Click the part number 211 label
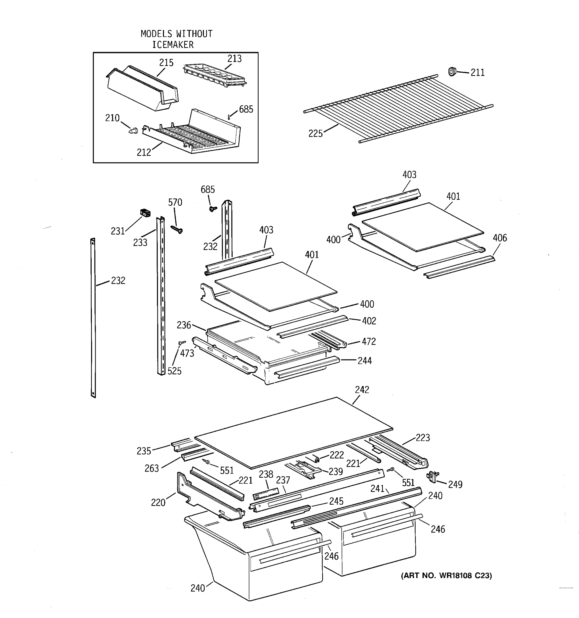pyautogui.click(x=477, y=73)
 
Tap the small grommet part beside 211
pyautogui.click(x=452, y=72)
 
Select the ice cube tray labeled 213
pyautogui.click(x=214, y=75)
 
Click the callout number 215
pyautogui.click(x=166, y=63)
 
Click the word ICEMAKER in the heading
pyautogui.click(x=173, y=45)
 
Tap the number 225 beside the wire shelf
pyautogui.click(x=315, y=133)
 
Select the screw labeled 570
pyautogui.click(x=177, y=230)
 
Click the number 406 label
pyautogui.click(x=499, y=238)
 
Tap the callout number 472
pyautogui.click(x=369, y=342)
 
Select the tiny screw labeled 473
pyautogui.click(x=181, y=342)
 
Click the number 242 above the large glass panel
pyautogui.click(x=362, y=390)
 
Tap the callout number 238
pyautogui.click(x=266, y=474)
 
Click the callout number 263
pyautogui.click(x=152, y=468)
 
